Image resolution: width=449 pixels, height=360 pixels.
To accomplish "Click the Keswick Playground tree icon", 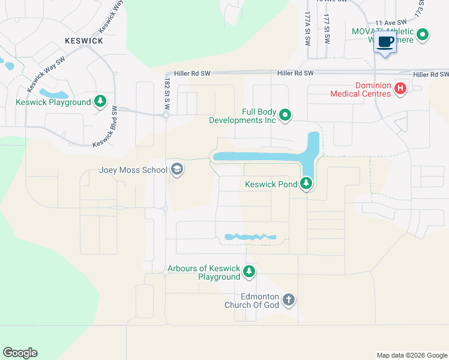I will (101, 102).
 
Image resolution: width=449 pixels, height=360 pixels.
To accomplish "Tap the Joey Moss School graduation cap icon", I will (177, 170).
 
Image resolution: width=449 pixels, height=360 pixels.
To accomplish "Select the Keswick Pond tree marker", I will (307, 183).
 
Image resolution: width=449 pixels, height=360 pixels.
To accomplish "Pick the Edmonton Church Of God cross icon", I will (289, 300).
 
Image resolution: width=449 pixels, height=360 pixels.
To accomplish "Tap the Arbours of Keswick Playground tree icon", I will (249, 272).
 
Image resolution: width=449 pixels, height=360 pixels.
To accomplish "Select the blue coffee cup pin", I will (385, 43).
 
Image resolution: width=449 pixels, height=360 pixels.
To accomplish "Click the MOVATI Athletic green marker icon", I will (423, 35).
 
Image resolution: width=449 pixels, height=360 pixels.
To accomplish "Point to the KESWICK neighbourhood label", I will (84, 41).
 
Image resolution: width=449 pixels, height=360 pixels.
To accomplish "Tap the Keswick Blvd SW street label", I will (105, 127).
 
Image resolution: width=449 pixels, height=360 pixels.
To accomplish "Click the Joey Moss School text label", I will (133, 170).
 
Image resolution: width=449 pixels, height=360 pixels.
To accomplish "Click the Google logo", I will (20, 353).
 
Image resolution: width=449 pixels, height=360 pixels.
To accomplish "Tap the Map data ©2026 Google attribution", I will (411, 355).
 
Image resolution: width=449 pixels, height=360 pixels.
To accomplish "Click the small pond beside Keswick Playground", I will (53, 94).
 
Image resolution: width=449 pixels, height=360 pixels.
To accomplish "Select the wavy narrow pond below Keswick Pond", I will (250, 237).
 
